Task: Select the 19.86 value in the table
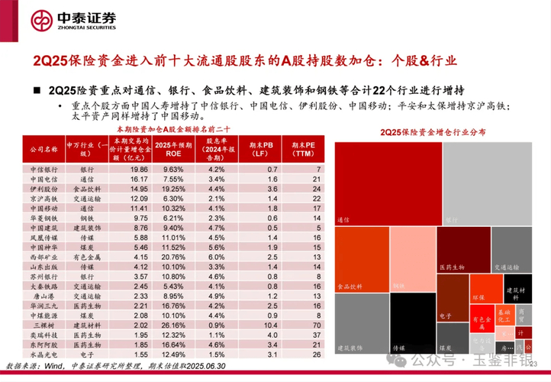coord(139,168)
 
